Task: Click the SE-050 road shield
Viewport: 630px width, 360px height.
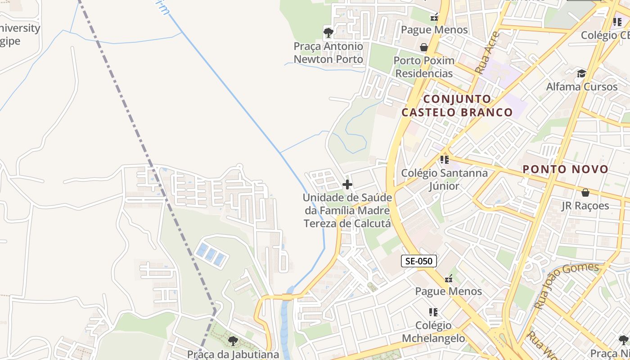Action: pos(418,261)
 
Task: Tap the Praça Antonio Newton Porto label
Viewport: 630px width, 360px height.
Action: pos(328,53)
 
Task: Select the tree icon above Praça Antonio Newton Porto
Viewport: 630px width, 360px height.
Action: pos(328,32)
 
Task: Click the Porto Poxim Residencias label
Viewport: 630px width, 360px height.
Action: pos(424,67)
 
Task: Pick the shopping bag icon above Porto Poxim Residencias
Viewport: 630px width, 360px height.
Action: pos(423,47)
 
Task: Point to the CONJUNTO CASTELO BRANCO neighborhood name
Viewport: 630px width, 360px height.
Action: pos(457,105)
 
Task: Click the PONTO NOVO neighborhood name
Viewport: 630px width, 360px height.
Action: pos(565,170)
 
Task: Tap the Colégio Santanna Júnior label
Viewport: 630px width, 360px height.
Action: pos(444,180)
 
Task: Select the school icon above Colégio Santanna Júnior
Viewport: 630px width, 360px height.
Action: pos(445,159)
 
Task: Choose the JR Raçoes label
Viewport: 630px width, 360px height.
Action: pos(585,206)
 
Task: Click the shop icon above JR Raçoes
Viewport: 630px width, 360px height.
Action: pos(585,193)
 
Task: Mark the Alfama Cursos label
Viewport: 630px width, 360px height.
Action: pos(581,86)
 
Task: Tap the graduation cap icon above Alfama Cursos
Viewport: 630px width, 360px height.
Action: pos(581,73)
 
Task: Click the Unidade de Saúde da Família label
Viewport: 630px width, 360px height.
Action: pos(347,210)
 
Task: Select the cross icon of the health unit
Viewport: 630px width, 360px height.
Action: pos(347,184)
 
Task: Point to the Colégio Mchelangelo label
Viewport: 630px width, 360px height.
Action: pos(433,332)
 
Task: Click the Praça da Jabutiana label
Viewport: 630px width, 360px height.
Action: pos(233,354)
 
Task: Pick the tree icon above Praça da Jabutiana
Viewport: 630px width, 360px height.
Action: pos(233,341)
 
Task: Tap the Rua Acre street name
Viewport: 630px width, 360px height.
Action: pos(487,53)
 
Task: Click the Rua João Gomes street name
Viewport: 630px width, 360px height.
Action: pos(567,285)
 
